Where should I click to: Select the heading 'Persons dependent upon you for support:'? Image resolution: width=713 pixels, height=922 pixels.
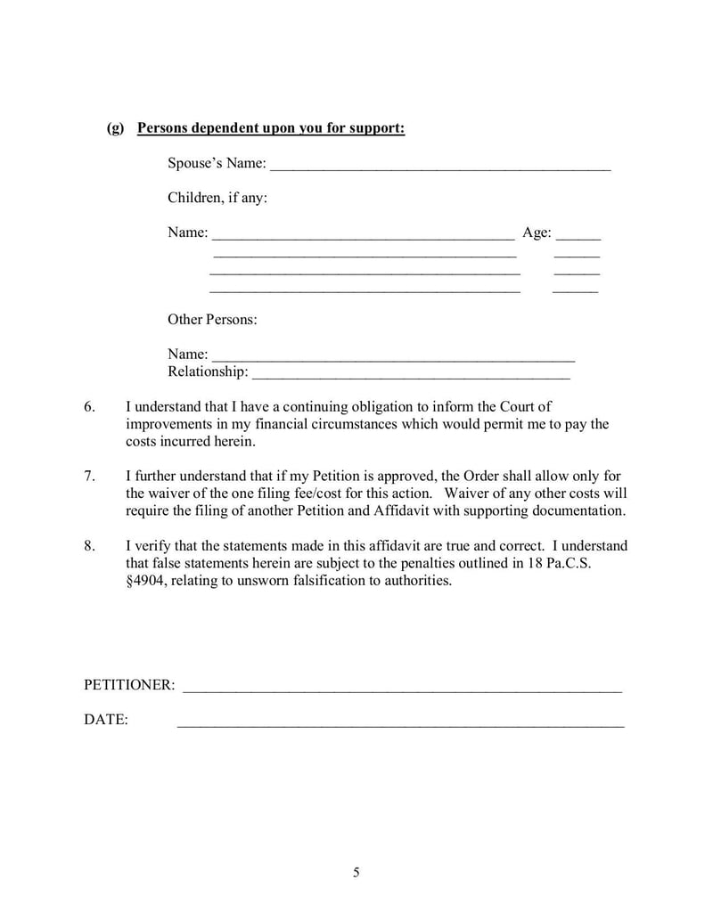(x=271, y=129)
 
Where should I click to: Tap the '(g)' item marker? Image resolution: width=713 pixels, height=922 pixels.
(x=115, y=129)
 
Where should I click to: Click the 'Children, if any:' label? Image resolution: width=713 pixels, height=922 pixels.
(x=217, y=198)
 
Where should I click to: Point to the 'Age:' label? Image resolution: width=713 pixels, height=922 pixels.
(x=537, y=233)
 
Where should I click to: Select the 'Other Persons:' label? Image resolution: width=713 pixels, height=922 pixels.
(x=212, y=319)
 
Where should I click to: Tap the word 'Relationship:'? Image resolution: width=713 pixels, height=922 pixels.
(x=208, y=371)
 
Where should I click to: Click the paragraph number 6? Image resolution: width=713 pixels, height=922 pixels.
(x=89, y=407)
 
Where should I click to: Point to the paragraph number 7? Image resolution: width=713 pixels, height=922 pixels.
(x=89, y=476)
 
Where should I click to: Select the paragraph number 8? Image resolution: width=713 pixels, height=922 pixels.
(x=89, y=546)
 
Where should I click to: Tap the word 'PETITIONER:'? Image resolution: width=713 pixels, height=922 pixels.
(x=129, y=685)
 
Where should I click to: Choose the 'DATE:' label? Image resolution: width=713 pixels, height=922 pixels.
(x=106, y=720)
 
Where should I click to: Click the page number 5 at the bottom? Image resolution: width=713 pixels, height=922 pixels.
(x=356, y=873)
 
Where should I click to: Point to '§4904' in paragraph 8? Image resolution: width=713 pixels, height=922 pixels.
(x=149, y=581)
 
